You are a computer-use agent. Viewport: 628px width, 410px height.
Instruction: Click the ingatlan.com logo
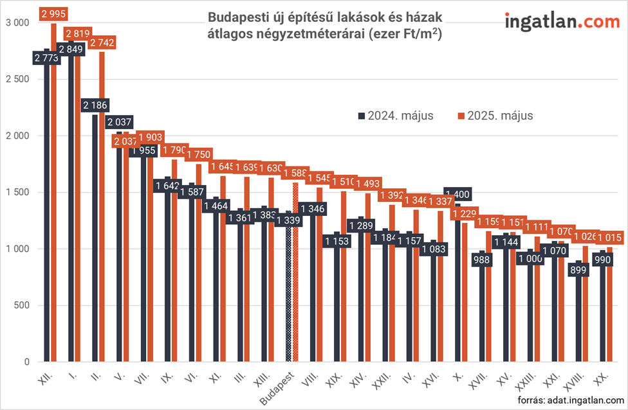pyautogui.click(x=562, y=21)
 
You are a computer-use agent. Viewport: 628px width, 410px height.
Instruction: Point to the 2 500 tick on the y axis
pyautogui.click(x=17, y=79)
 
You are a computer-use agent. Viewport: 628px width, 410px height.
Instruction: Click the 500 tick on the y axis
pyautogui.click(x=22, y=305)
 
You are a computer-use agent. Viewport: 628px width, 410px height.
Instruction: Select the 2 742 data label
pyautogui.click(x=102, y=42)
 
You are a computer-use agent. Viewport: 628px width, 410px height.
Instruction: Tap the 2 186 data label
pyautogui.click(x=95, y=105)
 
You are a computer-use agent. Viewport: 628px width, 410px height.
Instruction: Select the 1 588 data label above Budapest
pyautogui.click(x=295, y=173)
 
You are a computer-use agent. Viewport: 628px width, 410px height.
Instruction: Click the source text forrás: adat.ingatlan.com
pyautogui.click(x=571, y=400)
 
